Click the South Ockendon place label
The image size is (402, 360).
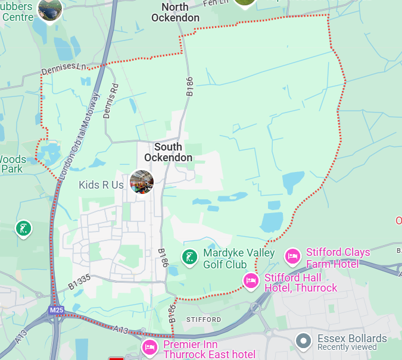[169, 152]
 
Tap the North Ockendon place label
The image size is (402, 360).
[175, 12]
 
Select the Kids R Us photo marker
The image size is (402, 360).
[142, 181]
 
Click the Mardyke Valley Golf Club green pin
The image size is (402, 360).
[190, 258]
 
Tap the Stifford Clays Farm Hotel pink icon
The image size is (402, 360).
[292, 256]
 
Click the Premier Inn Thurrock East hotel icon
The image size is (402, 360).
[149, 346]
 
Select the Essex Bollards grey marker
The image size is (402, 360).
[304, 340]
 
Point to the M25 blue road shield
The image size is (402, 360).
[57, 310]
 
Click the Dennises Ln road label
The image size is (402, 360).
[64, 70]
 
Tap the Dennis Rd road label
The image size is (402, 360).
[111, 100]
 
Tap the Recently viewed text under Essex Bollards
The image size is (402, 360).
[347, 347]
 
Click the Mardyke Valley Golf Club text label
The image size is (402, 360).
[239, 258]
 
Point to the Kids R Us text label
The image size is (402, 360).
[101, 185]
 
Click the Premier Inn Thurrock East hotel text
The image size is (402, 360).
[209, 350]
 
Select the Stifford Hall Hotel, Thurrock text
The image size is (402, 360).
[301, 283]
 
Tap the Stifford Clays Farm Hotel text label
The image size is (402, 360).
[338, 258]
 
